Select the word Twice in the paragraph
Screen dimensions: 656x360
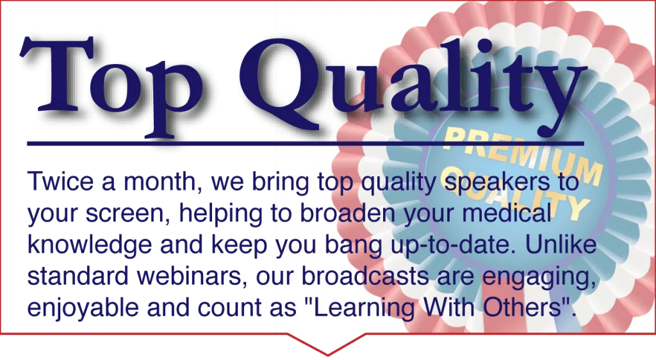point(61,181)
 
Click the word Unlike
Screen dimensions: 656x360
point(561,244)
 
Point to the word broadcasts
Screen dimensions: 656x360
point(365,276)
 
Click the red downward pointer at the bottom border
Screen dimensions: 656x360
point(328,344)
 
